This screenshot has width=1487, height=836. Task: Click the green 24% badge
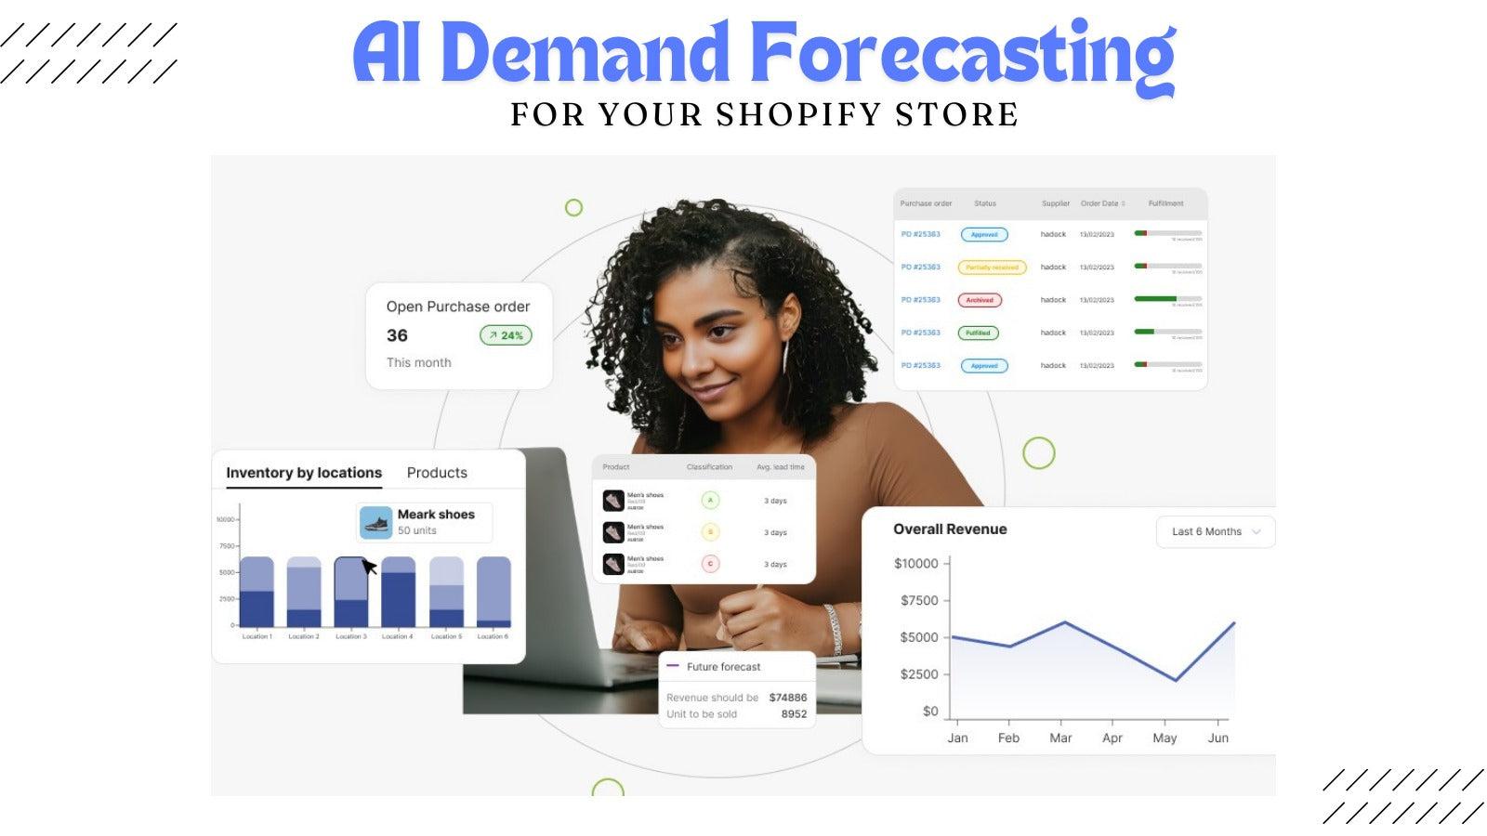tap(506, 335)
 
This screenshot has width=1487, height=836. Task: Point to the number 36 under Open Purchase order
tap(397, 335)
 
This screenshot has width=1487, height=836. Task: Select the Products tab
tap(437, 473)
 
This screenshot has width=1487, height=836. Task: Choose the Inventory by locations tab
tap(304, 473)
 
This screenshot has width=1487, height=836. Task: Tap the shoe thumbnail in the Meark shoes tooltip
tap(376, 523)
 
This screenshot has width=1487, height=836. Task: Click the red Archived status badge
tap(980, 300)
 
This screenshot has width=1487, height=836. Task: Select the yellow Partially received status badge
tap(992, 268)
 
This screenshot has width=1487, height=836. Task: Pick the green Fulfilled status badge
tap(978, 333)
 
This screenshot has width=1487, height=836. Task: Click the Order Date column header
tap(1101, 203)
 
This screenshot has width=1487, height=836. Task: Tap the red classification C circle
tap(710, 564)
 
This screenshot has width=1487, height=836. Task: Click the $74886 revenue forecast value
tap(787, 698)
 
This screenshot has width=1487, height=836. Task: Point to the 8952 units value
tap(794, 714)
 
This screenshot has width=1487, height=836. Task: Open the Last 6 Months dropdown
tap(1216, 531)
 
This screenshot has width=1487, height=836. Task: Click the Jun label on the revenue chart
tap(1217, 738)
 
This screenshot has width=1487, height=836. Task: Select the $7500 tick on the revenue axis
tap(918, 600)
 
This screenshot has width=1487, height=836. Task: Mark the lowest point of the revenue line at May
tap(1176, 681)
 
